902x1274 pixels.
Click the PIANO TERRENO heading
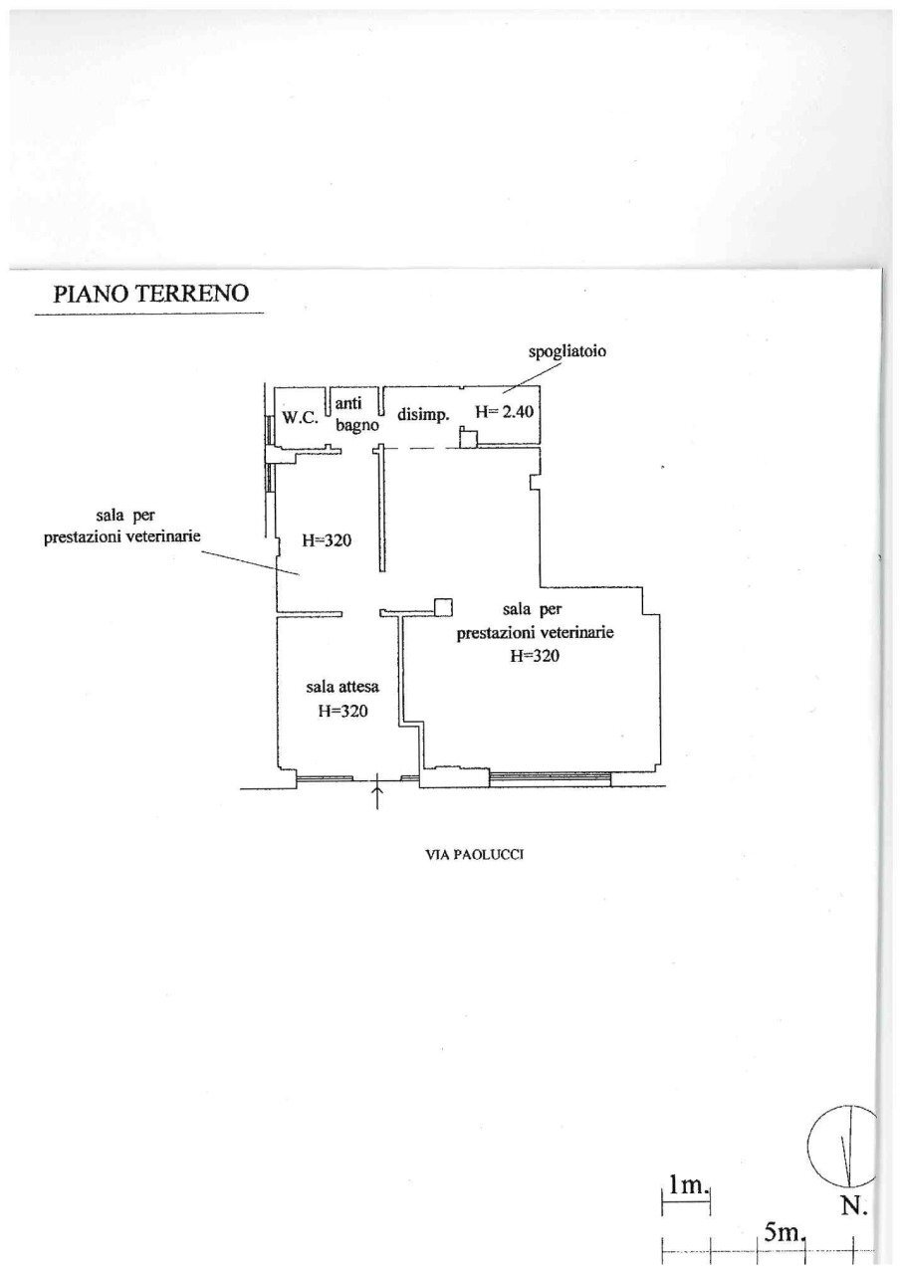[149, 294]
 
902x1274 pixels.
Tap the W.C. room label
[300, 419]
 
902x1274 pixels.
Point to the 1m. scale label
[688, 1185]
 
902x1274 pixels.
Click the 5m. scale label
[786, 1234]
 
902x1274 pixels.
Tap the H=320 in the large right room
[534, 656]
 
